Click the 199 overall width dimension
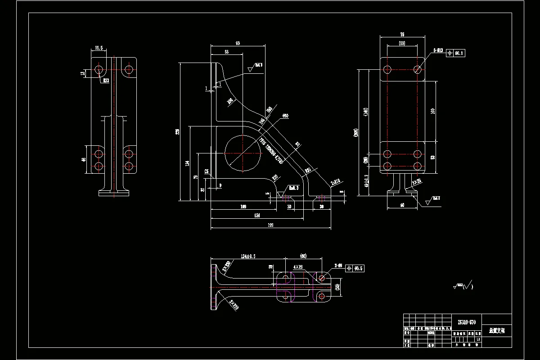click(x=271, y=225)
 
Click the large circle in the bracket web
click(x=243, y=153)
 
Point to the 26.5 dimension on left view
click(x=99, y=48)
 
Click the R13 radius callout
click(x=106, y=81)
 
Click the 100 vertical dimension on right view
click(x=433, y=111)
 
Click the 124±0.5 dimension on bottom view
click(x=248, y=256)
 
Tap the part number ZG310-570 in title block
click(x=466, y=322)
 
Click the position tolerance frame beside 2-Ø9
click(x=355, y=268)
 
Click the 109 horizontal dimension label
click(x=243, y=207)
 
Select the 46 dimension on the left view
click(x=83, y=160)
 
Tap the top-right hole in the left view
click(x=129, y=69)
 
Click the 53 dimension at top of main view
click(x=226, y=52)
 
